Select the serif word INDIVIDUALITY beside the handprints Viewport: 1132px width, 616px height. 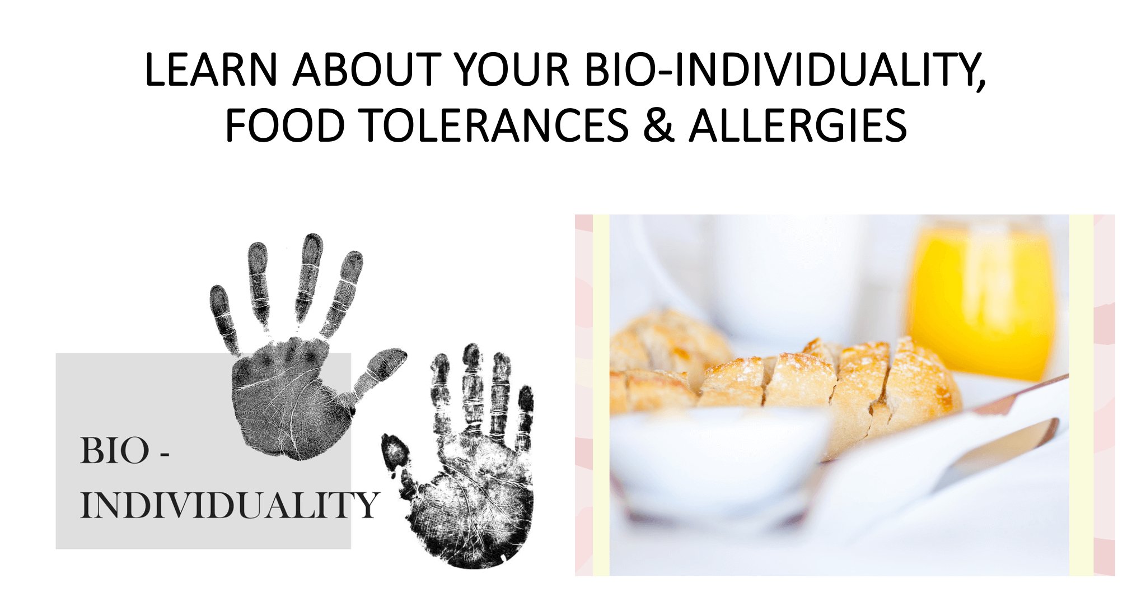230,505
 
